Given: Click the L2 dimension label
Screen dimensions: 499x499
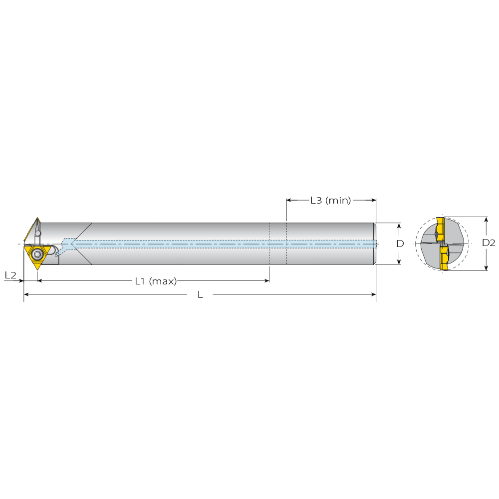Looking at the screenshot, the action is [10, 275].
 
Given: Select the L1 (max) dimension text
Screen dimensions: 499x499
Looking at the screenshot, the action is [156, 281].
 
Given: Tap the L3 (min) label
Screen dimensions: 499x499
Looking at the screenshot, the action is [331, 200].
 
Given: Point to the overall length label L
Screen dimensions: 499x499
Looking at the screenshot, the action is [200, 295].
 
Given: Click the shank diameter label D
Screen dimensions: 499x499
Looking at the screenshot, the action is [400, 244].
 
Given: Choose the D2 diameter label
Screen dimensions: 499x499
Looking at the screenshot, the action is [489, 243].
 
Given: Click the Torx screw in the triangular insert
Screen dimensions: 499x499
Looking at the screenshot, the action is [36, 254].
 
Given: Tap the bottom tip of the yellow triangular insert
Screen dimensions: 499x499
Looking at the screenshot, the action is [37, 270].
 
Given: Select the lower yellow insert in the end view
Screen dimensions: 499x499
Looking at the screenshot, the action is [444, 257].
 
